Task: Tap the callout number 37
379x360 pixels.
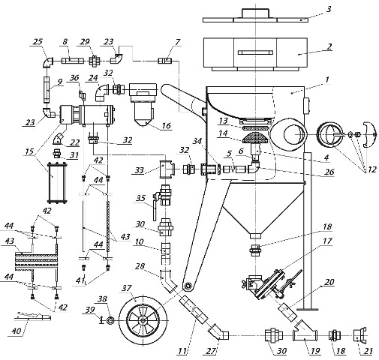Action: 127,288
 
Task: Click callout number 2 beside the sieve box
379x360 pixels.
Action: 329,46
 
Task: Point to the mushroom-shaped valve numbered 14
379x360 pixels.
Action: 255,138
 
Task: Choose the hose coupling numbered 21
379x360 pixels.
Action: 359,334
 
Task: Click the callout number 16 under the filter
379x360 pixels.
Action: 167,125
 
